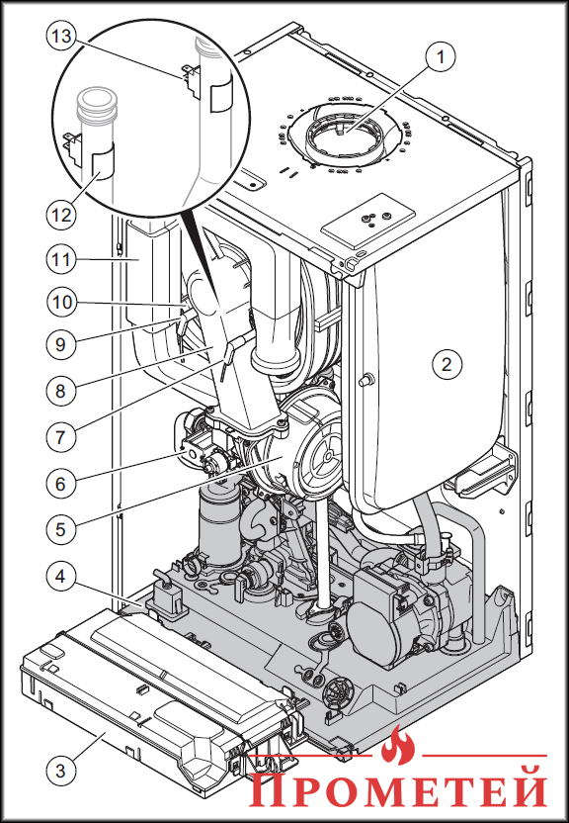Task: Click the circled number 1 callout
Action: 441,56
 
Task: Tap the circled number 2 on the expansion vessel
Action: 447,364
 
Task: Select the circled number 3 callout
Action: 61,771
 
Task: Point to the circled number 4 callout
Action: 61,577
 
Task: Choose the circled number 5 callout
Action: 61,528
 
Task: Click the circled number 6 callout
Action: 61,483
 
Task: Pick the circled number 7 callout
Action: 61,436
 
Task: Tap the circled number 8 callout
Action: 61,391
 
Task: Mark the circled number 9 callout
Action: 61,344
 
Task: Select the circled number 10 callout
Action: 61,303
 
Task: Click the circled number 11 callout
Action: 61,259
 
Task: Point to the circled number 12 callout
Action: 61,215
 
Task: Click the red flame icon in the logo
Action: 398,745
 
